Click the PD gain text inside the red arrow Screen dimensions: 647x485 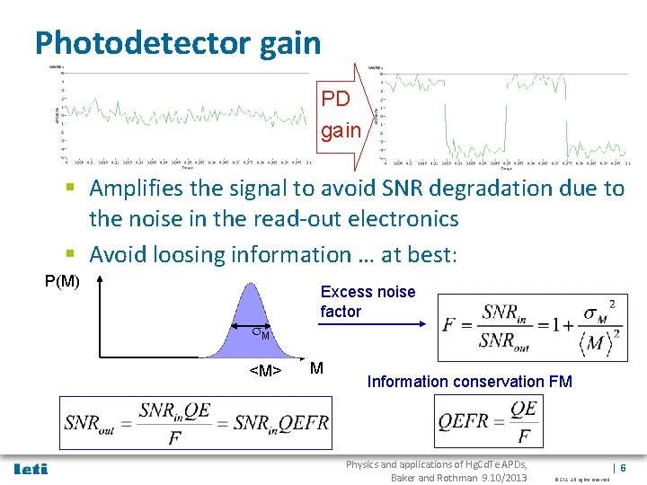(341, 113)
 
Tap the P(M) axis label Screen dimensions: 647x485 (63, 282)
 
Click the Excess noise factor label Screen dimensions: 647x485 (368, 302)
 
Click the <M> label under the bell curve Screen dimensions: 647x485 (265, 369)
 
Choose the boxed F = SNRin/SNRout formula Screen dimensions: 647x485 (529, 328)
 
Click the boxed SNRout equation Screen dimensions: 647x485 (196, 422)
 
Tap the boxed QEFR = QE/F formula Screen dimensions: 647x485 (488, 422)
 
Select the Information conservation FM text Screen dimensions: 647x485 (469, 382)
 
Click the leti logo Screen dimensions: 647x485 (31, 469)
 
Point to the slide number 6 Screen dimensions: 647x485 (623, 468)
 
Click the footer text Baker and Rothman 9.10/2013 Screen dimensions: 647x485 (458, 477)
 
